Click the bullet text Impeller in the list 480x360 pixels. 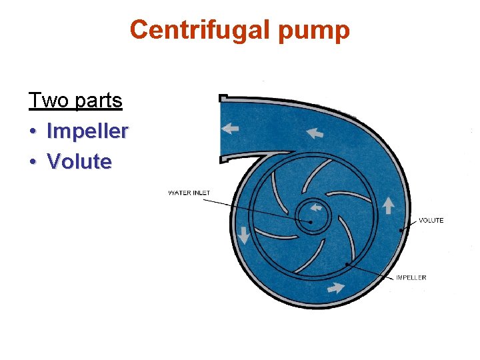pos(87,131)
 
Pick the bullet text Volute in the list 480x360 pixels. pos(79,161)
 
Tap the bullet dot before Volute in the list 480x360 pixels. pos(32,162)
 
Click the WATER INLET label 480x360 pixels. pos(189,193)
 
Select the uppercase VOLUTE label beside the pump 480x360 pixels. pos(431,221)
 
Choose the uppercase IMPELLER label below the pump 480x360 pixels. pos(411,277)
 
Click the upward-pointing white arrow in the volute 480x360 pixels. pos(388,204)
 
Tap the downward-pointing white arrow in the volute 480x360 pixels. pos(244,235)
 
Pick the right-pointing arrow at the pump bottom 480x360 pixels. pos(335,289)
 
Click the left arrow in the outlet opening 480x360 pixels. pos(231,128)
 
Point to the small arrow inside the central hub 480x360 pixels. pos(316,207)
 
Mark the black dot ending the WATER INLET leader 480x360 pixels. pos(311,222)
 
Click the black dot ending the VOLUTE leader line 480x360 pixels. pos(399,231)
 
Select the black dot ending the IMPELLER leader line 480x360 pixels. pos(347,264)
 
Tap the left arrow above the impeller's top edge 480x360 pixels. pos(314,133)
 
